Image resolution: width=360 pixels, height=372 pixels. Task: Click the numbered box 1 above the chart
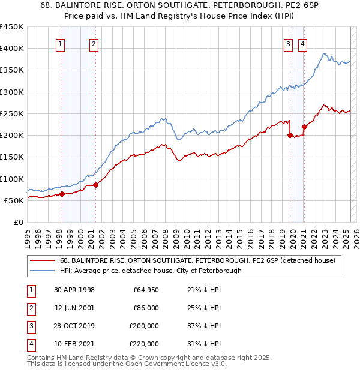pos(61,43)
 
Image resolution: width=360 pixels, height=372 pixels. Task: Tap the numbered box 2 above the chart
pos(94,43)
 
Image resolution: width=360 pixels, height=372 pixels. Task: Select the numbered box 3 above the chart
pos(288,43)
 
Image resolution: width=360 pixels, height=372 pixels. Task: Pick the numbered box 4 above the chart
pos(302,43)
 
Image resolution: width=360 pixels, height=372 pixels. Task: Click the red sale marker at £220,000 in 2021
pos(304,127)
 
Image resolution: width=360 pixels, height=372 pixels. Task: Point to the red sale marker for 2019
pos(290,135)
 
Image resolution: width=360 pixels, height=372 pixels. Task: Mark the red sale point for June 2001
pos(95,185)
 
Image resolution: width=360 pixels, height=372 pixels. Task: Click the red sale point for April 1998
pos(62,194)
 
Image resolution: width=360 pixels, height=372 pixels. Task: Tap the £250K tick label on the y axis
pos(11,113)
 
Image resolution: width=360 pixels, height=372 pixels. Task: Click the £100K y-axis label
pos(11,179)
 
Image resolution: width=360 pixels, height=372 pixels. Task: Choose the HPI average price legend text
pos(150,271)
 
